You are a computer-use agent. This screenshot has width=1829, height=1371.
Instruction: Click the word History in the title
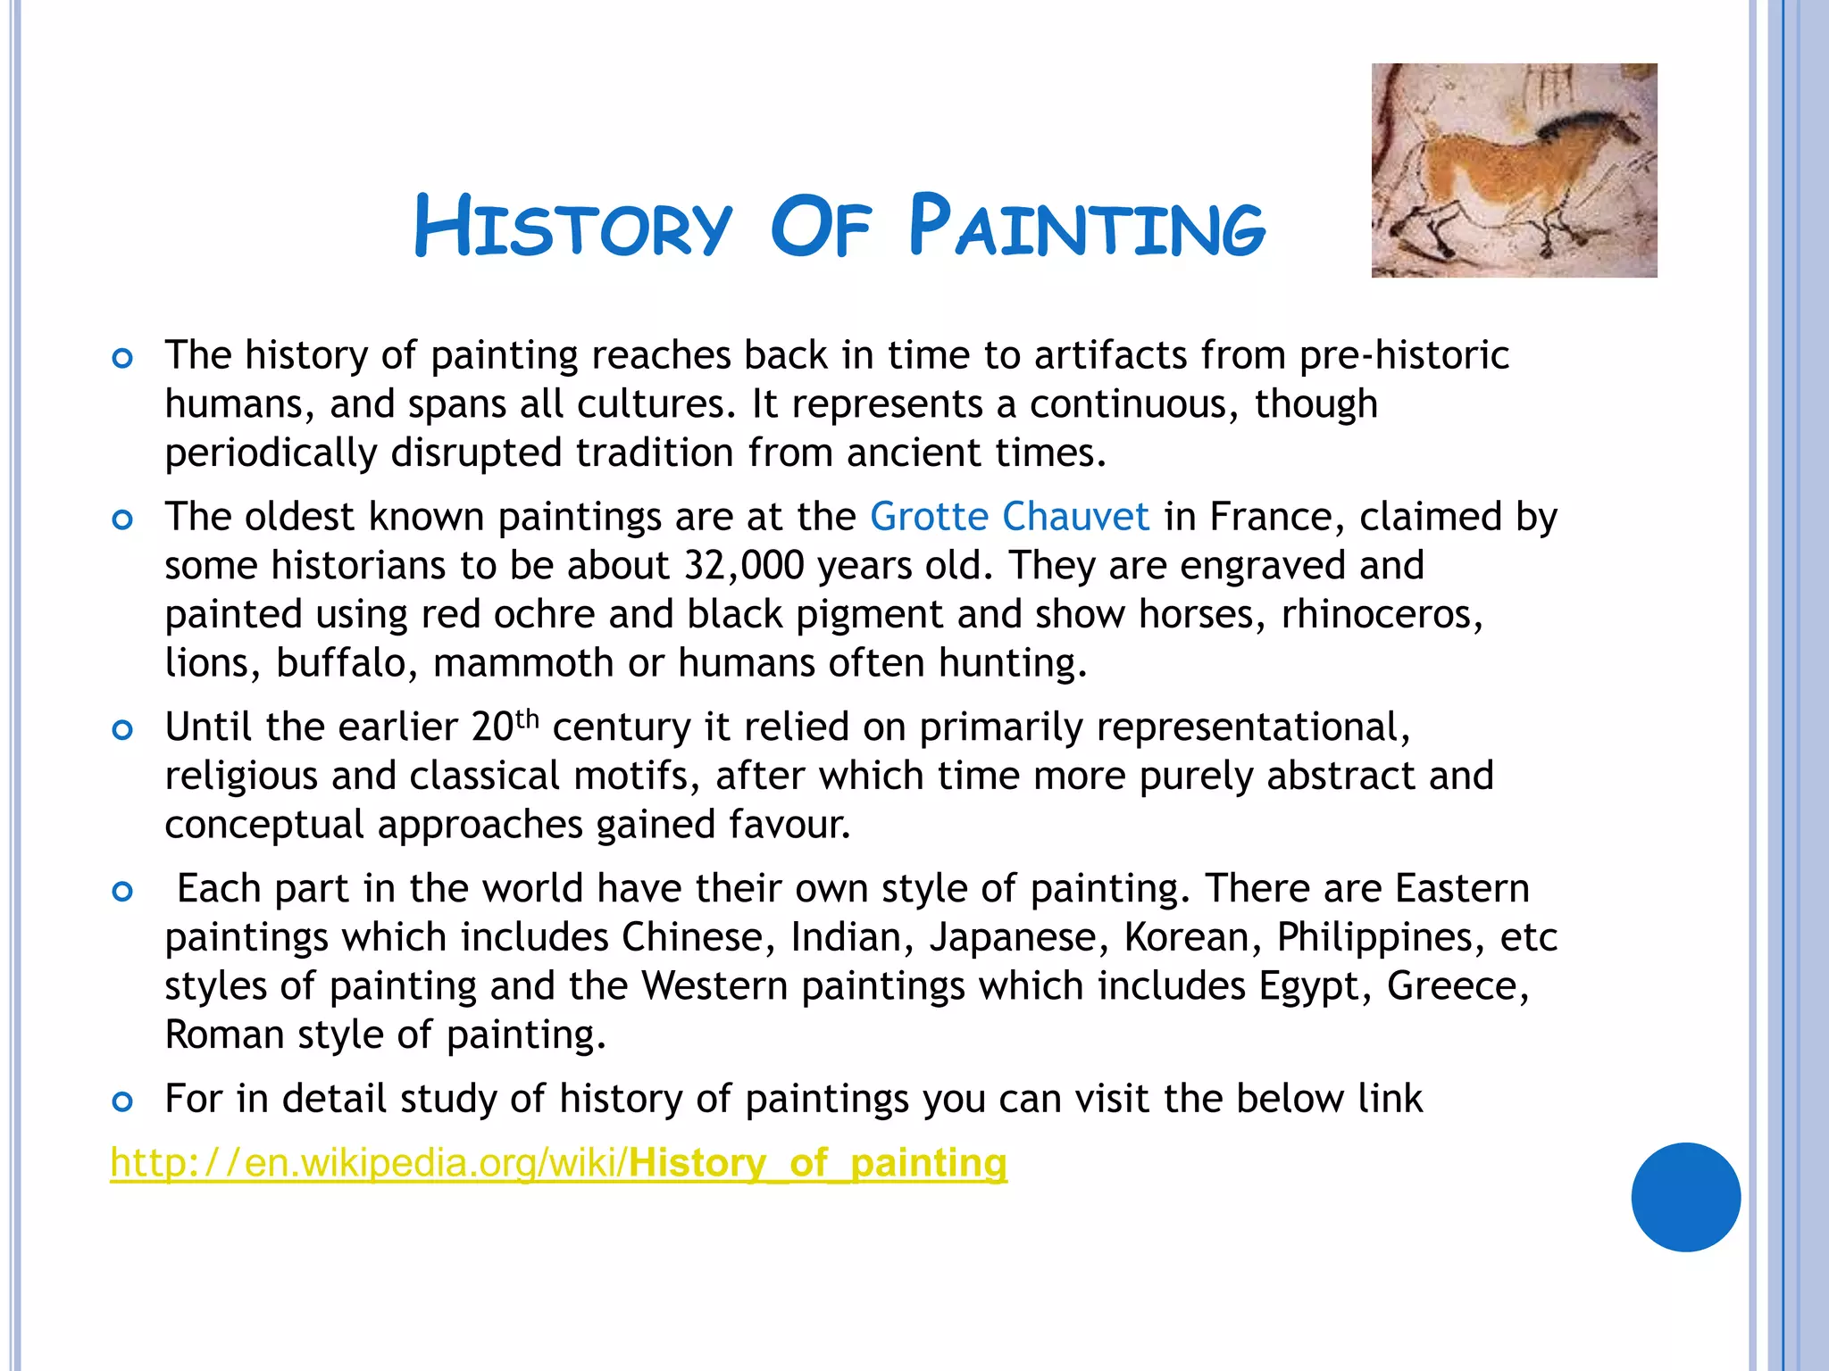[572, 227]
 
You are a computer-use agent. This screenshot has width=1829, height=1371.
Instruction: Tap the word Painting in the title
[1087, 227]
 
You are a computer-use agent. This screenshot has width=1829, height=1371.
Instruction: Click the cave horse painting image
[1514, 170]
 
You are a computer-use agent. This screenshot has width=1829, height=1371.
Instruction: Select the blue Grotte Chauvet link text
[1009, 517]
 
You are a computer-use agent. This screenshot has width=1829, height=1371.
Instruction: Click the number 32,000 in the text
[744, 566]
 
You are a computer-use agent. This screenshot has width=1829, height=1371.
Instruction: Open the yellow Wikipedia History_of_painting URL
[558, 1163]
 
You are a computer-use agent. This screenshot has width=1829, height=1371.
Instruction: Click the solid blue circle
[1685, 1197]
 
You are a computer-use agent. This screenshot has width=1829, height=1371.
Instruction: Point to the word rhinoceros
[1381, 615]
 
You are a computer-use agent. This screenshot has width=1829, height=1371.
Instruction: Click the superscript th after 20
[528, 719]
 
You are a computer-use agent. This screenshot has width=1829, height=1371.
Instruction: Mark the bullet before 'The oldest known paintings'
[122, 519]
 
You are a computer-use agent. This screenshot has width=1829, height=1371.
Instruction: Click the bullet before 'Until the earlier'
[122, 730]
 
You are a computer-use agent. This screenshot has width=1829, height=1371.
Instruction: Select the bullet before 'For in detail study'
[122, 1101]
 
